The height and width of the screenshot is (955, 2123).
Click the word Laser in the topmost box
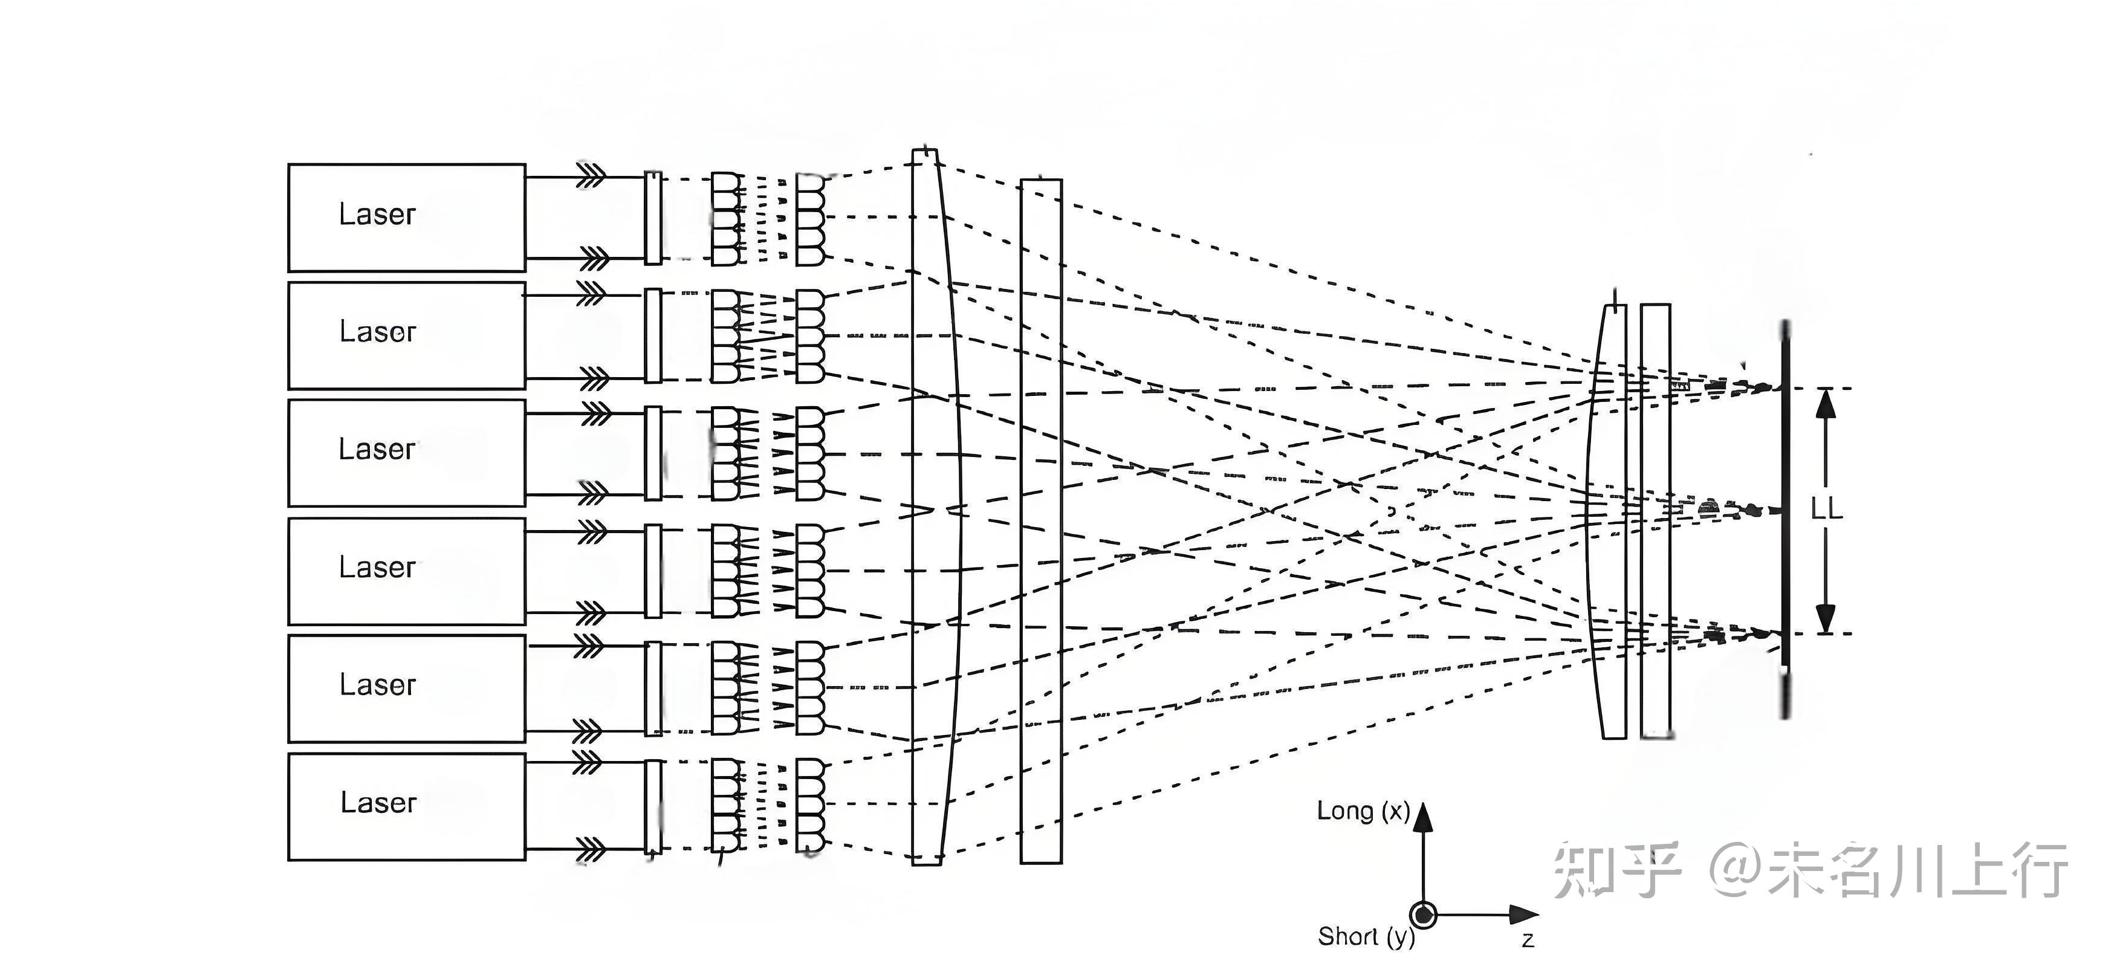pos(377,214)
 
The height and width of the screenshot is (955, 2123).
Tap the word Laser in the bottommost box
pos(378,803)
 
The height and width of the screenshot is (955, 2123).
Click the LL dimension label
pos(1826,509)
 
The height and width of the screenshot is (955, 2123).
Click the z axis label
pos(1527,939)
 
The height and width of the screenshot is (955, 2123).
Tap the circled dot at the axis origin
pos(1424,915)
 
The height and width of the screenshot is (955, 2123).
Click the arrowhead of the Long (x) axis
pos(1424,816)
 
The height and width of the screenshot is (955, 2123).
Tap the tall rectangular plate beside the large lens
pos(1041,521)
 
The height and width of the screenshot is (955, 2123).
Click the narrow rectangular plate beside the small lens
pos(1655,521)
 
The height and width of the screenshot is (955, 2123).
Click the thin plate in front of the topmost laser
pos(653,218)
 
